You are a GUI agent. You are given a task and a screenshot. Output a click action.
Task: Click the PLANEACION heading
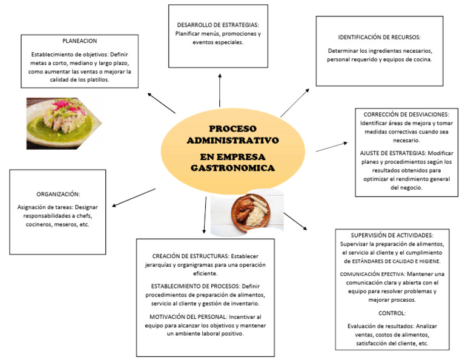coord(80,41)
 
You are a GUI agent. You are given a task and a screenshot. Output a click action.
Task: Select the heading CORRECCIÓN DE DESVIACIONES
coord(406,115)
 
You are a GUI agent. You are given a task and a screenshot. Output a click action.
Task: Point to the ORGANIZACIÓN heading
coord(58,195)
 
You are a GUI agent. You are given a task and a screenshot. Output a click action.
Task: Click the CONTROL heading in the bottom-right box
coord(392,313)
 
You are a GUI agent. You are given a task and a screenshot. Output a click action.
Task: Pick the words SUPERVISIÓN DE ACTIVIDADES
coord(392,235)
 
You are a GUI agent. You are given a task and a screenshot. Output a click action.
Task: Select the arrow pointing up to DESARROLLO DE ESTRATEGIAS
coord(219,89)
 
